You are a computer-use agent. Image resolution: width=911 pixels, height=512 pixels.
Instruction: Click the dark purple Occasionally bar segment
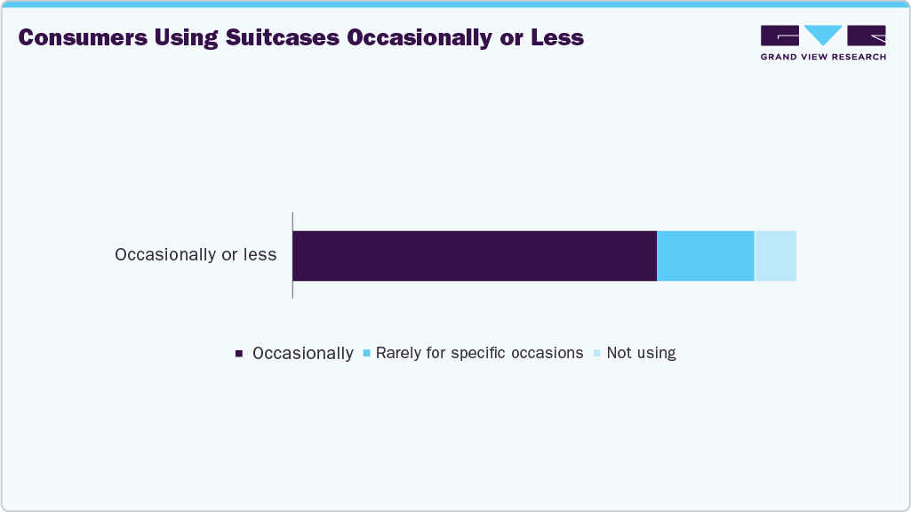coord(475,256)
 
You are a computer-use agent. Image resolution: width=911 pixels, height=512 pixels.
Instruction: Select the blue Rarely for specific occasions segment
coord(705,256)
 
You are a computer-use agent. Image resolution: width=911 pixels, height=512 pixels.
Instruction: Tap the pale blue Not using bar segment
coord(775,256)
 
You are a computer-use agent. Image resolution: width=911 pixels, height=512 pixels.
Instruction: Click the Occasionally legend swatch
coord(239,354)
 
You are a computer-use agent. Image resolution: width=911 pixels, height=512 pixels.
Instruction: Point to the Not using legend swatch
coord(597,354)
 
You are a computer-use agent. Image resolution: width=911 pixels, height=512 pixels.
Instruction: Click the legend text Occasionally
coord(303,353)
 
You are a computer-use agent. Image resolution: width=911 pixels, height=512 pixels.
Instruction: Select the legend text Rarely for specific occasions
coord(479,353)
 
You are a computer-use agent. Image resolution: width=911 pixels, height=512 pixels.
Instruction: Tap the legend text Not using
coord(641,353)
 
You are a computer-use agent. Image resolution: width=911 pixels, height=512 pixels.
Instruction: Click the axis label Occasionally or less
coord(196,255)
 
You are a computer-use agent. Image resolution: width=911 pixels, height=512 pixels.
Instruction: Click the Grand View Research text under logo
coord(823,57)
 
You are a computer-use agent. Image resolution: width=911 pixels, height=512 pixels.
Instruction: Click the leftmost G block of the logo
coord(779,36)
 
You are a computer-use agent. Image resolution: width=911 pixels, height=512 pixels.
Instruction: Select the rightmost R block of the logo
coord(867,36)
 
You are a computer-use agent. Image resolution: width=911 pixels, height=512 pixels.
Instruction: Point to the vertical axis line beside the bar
coord(292,256)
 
